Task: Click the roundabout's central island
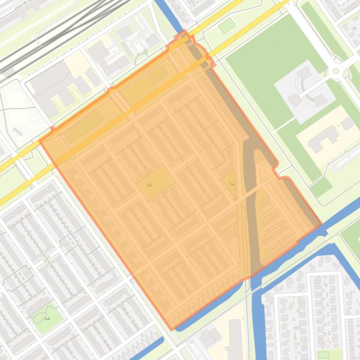pos(335,72)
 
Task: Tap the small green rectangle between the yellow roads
pos(227,25)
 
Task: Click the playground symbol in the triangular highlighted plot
pos(232,184)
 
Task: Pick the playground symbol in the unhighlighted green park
pos(47,319)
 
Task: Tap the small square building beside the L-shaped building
pos(347,124)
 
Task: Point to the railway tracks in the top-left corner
pos(56,33)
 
